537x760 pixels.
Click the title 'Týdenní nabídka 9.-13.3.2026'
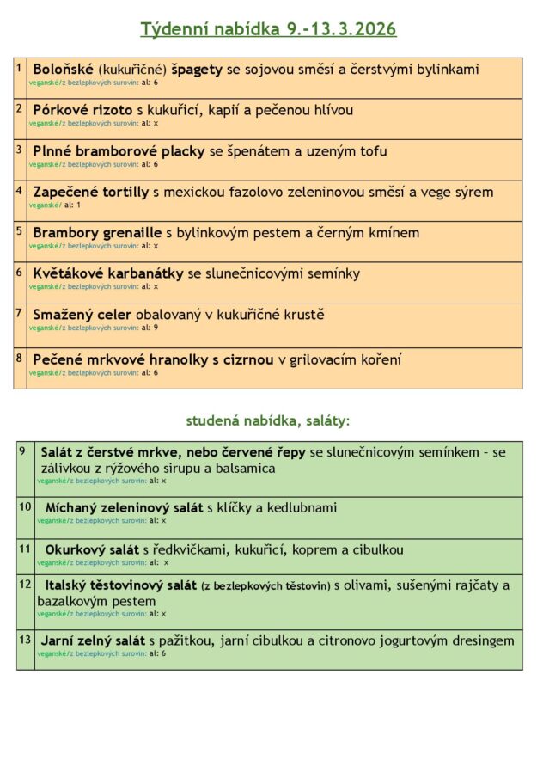point(268,29)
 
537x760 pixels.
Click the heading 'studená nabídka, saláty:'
point(268,421)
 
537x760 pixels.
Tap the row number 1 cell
point(20,67)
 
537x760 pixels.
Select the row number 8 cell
point(20,357)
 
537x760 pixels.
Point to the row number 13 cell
point(25,640)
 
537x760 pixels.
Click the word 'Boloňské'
point(64,69)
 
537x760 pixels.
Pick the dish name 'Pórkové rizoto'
point(82,110)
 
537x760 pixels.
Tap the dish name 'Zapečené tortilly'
point(91,192)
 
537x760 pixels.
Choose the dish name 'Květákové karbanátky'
point(108,273)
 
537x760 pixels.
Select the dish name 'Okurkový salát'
point(92,549)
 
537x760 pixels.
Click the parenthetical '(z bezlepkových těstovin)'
point(265,586)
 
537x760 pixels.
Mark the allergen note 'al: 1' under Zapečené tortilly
point(72,205)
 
